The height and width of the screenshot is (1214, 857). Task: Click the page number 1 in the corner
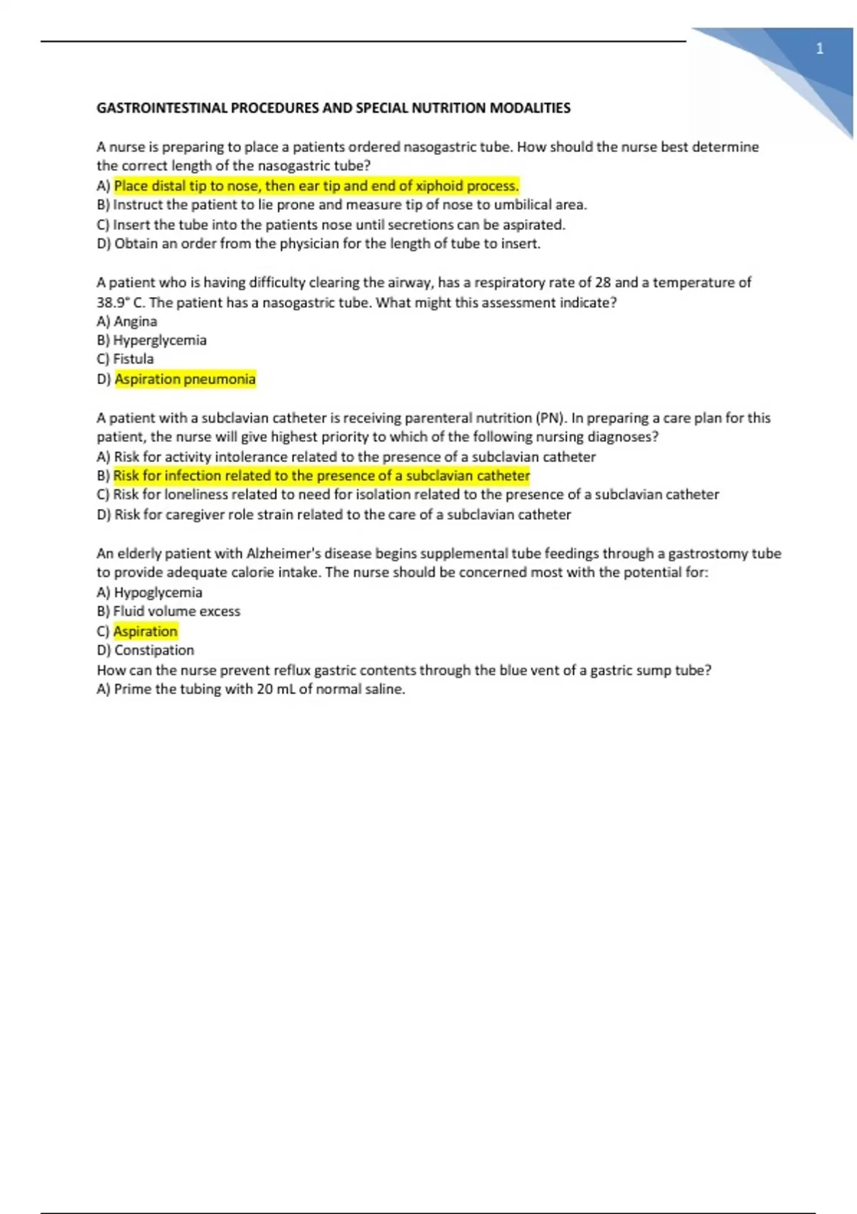click(x=819, y=49)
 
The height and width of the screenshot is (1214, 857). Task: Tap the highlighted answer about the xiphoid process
click(x=316, y=186)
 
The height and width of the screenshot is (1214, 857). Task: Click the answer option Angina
click(x=135, y=321)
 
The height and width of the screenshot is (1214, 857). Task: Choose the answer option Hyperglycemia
click(x=159, y=340)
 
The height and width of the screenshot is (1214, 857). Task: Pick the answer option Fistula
click(x=133, y=358)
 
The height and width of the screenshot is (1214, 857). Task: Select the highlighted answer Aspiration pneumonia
click(x=185, y=379)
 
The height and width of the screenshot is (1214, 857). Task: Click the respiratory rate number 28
click(x=603, y=282)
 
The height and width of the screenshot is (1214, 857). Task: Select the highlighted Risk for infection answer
click(x=321, y=476)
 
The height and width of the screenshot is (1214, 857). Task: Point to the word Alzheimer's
click(x=283, y=553)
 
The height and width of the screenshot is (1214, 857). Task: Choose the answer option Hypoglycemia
click(x=158, y=592)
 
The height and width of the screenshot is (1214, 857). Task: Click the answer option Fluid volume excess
click(x=176, y=611)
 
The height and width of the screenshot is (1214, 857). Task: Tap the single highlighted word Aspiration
click(x=145, y=631)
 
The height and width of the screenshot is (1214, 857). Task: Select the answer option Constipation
click(x=154, y=650)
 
